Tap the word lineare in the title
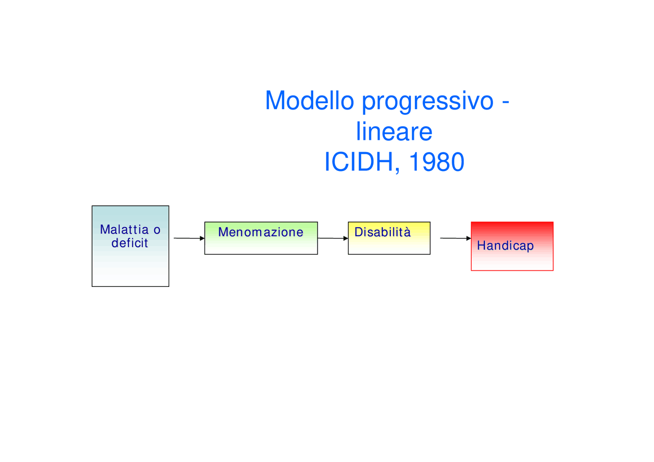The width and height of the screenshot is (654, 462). coord(394,132)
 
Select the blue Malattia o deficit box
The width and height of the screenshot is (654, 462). coord(130,265)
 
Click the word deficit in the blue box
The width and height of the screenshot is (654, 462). coord(130,243)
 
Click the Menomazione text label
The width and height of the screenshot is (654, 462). coord(261,232)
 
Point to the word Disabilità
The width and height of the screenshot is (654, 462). coord(383,232)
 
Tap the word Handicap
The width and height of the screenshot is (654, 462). coord(505,246)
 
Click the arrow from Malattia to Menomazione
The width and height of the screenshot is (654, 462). coord(188,238)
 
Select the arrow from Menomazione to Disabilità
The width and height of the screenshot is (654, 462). coord(332,238)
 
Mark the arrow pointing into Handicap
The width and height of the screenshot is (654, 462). coord(455,238)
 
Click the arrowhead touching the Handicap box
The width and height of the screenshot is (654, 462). coord(468,238)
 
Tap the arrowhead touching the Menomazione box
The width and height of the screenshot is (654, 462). coord(202,238)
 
